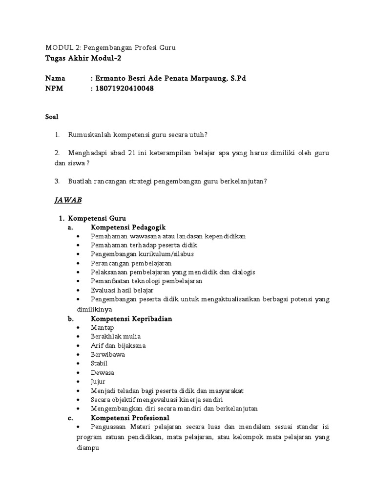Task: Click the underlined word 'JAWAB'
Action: (67, 200)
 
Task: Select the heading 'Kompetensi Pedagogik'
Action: (128, 227)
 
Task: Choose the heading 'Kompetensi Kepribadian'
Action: (131, 319)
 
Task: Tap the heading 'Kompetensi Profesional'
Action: (130, 418)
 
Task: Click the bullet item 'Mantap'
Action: (102, 327)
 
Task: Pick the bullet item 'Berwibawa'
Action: (107, 354)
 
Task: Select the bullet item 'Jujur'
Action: (98, 382)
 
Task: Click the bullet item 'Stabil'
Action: (99, 364)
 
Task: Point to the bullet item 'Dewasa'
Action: (102, 372)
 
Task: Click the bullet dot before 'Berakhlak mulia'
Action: (79, 337)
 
